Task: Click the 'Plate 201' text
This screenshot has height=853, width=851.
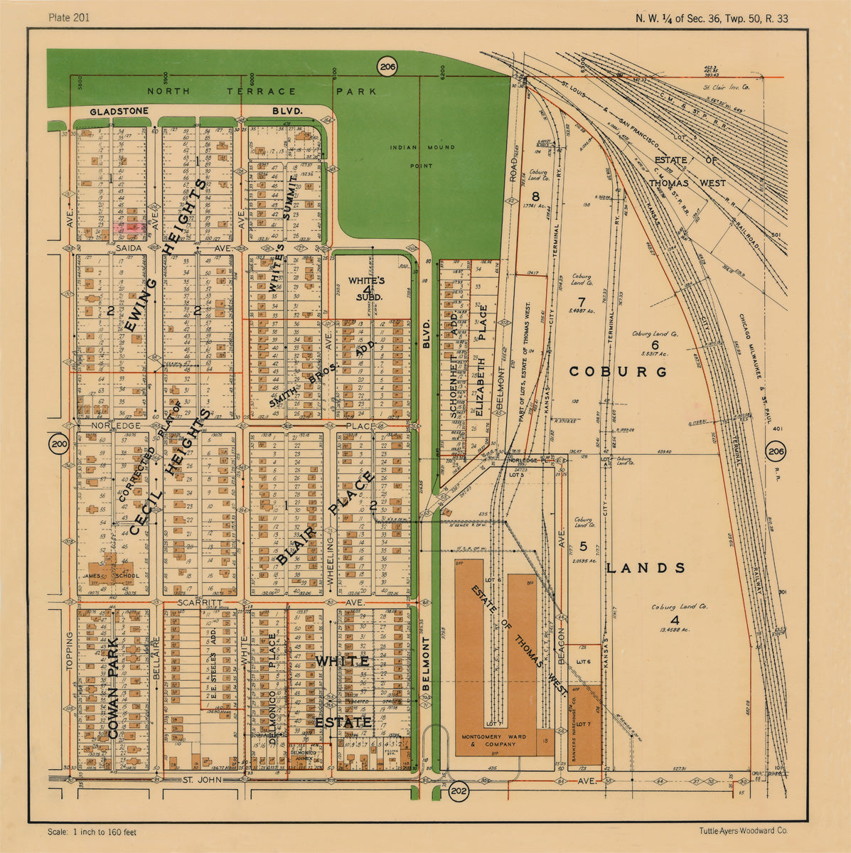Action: [69, 17]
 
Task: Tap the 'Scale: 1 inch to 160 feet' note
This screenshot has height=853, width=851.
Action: [92, 832]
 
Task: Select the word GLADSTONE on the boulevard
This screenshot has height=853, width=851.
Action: [119, 112]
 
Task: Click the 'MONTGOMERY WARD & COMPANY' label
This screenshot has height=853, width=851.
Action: [494, 740]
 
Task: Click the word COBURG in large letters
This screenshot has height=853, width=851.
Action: [618, 372]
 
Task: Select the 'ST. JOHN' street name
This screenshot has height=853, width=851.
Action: [198, 780]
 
